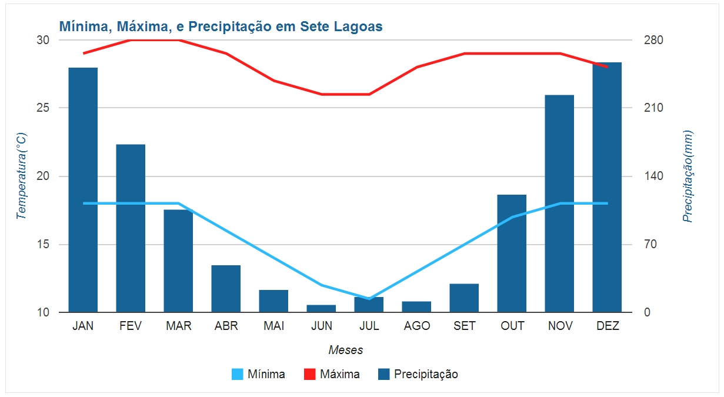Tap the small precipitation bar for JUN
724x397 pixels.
click(x=321, y=309)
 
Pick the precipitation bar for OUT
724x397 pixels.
click(x=512, y=253)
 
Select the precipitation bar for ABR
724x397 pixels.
click(x=226, y=289)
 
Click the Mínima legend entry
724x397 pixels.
click(x=259, y=374)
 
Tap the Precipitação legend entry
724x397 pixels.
click(x=418, y=374)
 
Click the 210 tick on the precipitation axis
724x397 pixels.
click(x=653, y=108)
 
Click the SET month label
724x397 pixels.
click(x=465, y=326)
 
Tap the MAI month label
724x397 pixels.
click(x=273, y=326)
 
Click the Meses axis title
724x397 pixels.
click(x=345, y=351)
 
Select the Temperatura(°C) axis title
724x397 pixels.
click(x=22, y=176)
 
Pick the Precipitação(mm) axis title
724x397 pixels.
click(x=688, y=176)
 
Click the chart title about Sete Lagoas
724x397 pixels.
click(x=221, y=26)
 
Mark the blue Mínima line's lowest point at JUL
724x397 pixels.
click(x=369, y=299)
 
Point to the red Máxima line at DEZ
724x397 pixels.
click(x=607, y=67)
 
